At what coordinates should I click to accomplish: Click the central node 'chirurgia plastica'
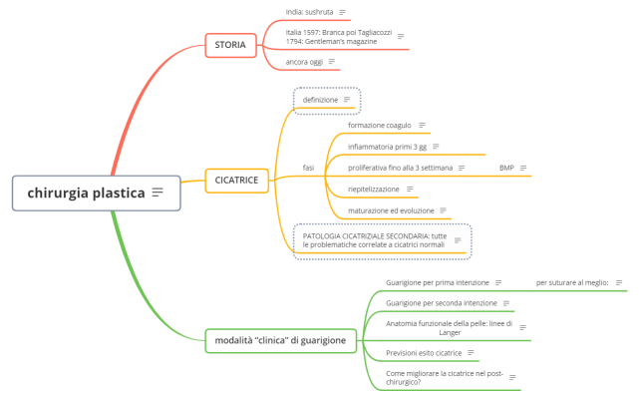tap(86, 193)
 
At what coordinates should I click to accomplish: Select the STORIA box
tap(230, 44)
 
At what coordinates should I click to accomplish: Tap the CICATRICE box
tap(236, 180)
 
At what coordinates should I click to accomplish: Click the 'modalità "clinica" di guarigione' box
tap(280, 340)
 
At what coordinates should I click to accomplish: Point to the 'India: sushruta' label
tap(308, 12)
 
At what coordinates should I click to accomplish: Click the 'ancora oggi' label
tap(303, 62)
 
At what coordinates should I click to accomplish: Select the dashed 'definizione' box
tap(320, 100)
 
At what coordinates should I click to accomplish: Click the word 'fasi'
tap(308, 168)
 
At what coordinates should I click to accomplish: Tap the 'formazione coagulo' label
tap(379, 126)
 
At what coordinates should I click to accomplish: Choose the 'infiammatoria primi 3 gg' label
tap(387, 147)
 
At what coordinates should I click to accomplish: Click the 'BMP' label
tap(506, 168)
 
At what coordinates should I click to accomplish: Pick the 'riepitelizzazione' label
tap(375, 189)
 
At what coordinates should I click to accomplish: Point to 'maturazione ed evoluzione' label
tap(391, 210)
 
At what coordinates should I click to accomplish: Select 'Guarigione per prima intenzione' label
tap(438, 282)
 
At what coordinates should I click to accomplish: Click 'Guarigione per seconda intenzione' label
tap(442, 302)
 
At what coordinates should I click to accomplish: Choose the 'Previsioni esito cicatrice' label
tap(424, 352)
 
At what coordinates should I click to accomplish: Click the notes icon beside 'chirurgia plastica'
tap(158, 193)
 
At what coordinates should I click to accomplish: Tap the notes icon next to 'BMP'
tap(523, 168)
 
